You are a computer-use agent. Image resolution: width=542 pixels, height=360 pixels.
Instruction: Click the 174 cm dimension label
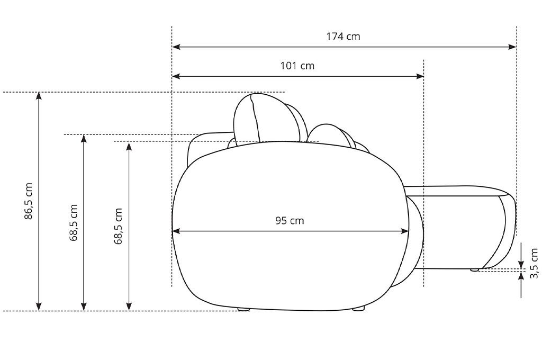point(343,37)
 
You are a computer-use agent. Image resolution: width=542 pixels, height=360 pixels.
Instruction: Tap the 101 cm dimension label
point(297,66)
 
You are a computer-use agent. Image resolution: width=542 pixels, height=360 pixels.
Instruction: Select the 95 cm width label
point(290,221)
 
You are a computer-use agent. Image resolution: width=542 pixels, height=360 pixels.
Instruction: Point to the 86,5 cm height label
point(29,201)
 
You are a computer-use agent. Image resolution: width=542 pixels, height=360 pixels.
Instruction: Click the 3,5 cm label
point(534,263)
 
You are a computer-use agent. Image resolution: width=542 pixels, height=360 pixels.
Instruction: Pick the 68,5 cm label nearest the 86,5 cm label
point(74,222)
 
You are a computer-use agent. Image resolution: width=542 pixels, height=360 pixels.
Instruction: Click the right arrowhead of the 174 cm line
point(512,47)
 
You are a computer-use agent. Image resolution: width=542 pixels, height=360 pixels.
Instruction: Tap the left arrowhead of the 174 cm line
point(176,47)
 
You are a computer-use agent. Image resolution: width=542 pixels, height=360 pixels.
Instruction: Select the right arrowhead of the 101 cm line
point(420,76)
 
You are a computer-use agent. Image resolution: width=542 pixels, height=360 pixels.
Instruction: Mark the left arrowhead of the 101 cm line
point(176,76)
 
